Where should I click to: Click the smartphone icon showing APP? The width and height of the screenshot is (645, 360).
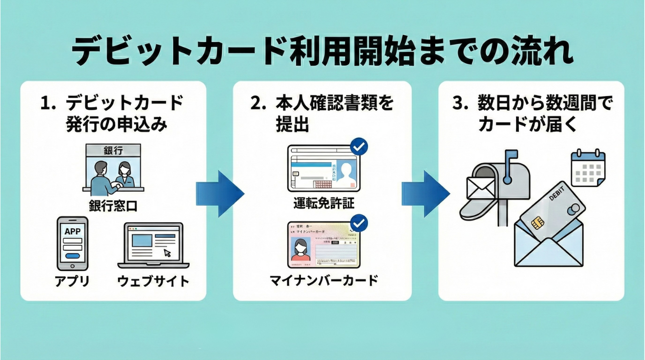pos(72,243)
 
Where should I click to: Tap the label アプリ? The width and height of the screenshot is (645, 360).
pos(72,281)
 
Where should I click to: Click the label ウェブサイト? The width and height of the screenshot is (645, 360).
pos(153,281)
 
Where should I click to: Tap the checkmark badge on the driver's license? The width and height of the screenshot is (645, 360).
pos(359,147)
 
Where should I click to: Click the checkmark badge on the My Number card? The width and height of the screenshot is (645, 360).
pos(359,224)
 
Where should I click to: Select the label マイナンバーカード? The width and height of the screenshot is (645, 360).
pos(324,280)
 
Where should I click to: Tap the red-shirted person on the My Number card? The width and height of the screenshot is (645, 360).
pos(299,250)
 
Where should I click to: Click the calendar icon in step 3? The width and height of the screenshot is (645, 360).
pos(588,167)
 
